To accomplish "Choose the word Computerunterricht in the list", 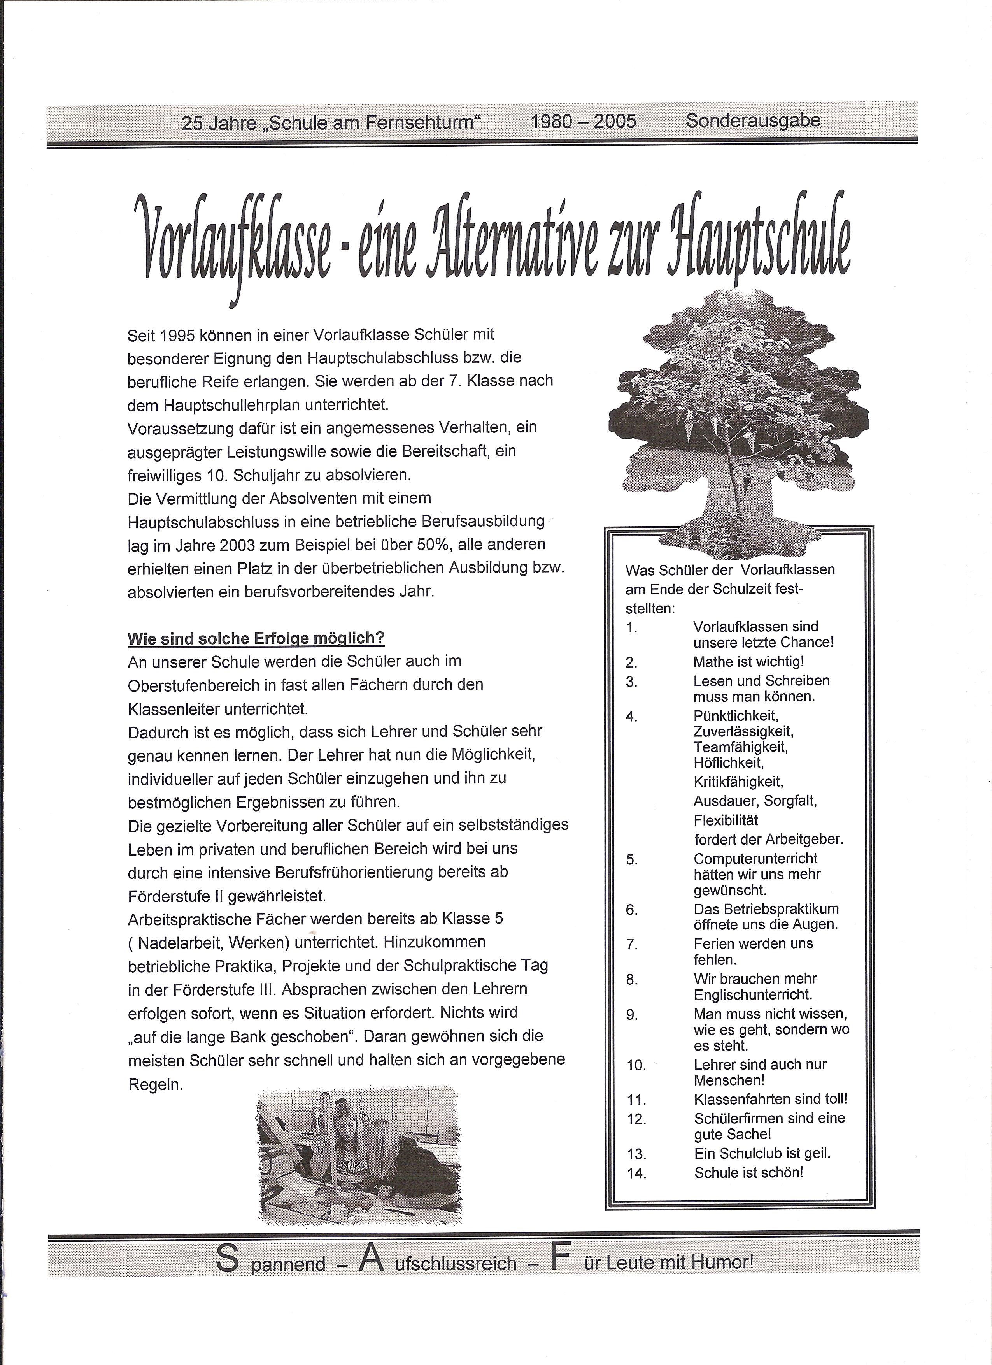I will (x=755, y=859).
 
